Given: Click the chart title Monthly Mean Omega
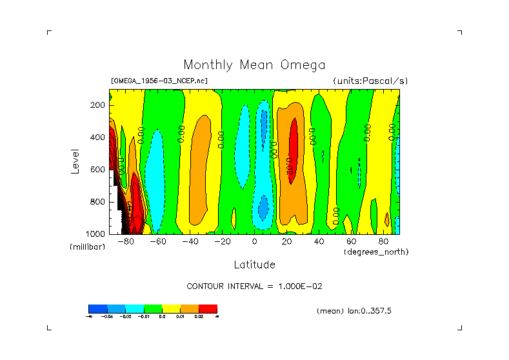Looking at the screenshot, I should [x=254, y=65].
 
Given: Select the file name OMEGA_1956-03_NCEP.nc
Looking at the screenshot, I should [x=159, y=81].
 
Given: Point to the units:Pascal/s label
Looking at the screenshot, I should [x=370, y=81].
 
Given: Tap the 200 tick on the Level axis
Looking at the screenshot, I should [x=99, y=105].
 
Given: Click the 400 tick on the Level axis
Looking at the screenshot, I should [x=99, y=137].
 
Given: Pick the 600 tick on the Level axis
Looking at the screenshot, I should [x=99, y=170].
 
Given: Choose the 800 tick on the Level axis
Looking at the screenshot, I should [x=99, y=202].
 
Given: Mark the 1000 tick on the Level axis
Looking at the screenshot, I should [x=97, y=234].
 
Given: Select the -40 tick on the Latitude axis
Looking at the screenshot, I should [x=190, y=242].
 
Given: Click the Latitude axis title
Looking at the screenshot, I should [x=254, y=265].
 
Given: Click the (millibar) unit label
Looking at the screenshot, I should [x=88, y=247].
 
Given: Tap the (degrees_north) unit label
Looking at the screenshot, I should [x=376, y=252].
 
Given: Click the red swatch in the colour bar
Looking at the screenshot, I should [x=208, y=308].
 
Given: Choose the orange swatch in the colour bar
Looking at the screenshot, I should [x=190, y=308].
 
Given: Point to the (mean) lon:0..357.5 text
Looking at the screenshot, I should [x=354, y=311].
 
